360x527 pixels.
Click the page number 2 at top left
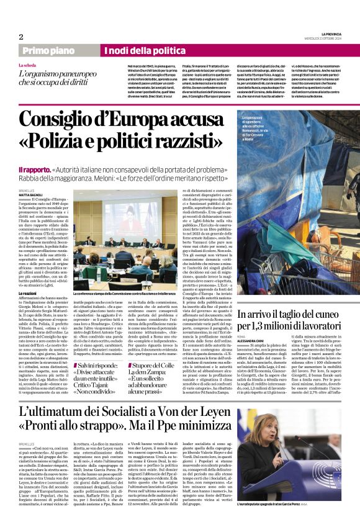20,37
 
